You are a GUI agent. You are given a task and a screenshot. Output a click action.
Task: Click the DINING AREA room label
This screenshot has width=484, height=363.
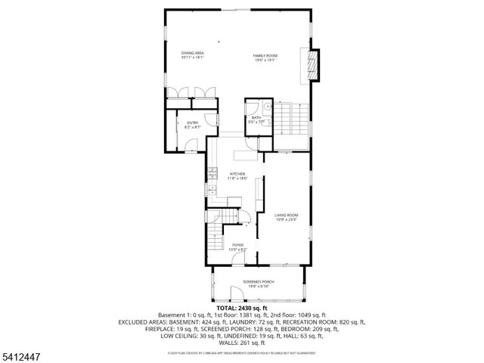point(192,52)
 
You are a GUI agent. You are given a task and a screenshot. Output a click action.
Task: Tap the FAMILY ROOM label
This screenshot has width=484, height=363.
point(265,55)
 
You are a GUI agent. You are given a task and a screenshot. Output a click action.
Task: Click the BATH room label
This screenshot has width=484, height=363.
point(256,117)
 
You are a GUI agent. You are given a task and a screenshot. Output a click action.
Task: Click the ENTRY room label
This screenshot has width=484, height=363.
point(192,123)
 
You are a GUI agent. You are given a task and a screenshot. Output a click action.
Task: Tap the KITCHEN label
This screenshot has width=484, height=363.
point(237,173)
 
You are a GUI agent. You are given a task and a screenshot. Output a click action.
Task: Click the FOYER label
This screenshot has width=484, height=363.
point(237,245)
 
